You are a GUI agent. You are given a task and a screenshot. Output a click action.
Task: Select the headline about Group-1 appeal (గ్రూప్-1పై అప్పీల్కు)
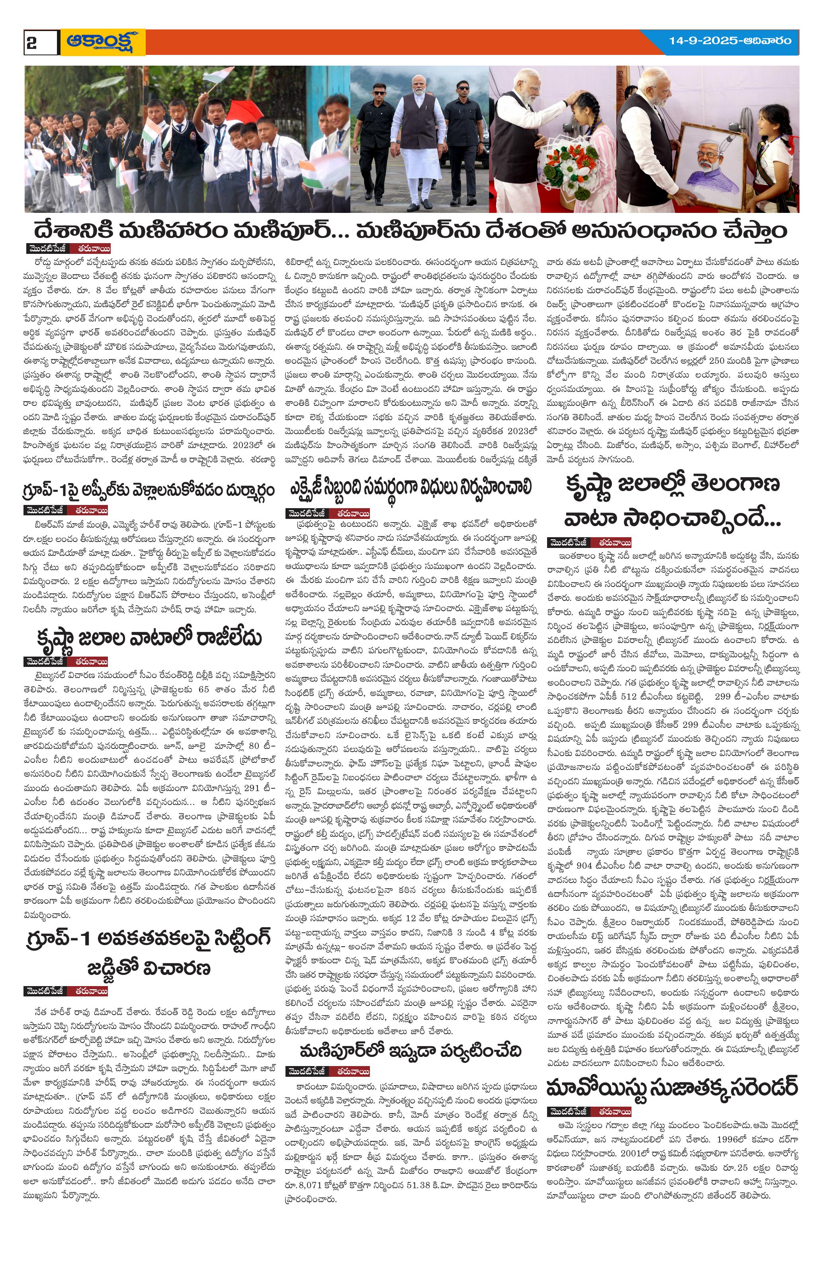coord(150,489)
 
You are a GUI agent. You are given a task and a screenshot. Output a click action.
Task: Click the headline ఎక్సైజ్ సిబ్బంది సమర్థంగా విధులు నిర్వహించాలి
coord(410,487)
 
